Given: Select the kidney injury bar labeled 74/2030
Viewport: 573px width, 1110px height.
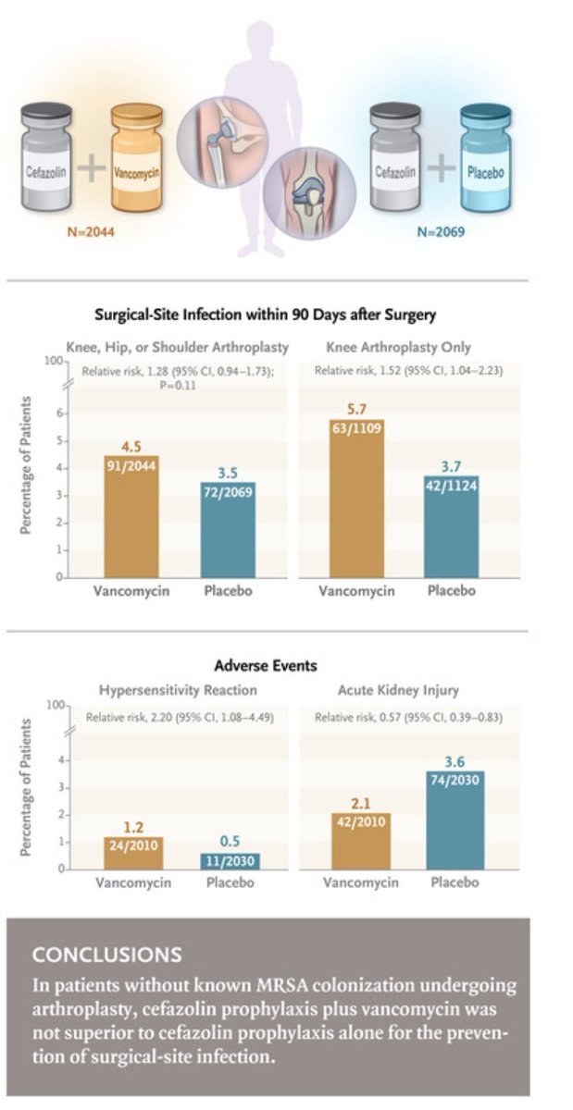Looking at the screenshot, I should coord(454,820).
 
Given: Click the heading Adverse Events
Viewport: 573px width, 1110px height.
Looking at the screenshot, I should coord(267,664).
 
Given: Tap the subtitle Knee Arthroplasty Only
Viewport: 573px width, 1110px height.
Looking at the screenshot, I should coord(398,348).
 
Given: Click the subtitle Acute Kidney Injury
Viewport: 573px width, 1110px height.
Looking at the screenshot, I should coord(398,690).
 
